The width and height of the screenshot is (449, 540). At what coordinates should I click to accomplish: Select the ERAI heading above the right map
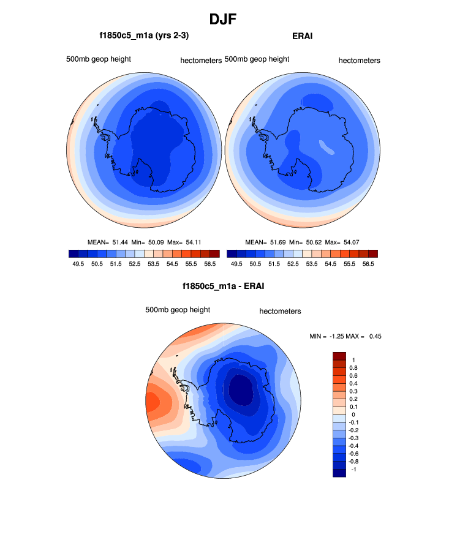(303, 37)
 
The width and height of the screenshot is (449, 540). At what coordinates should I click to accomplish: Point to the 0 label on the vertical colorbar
(353, 414)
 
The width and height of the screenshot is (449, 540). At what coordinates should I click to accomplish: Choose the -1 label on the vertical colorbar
(353, 470)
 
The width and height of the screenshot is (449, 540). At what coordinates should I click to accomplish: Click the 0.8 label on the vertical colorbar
(353, 367)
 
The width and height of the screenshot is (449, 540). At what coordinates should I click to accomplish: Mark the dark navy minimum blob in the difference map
(241, 391)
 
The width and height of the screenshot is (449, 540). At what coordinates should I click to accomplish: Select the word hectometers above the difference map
(280, 311)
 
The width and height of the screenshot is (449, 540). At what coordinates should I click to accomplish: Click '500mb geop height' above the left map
(99, 59)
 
